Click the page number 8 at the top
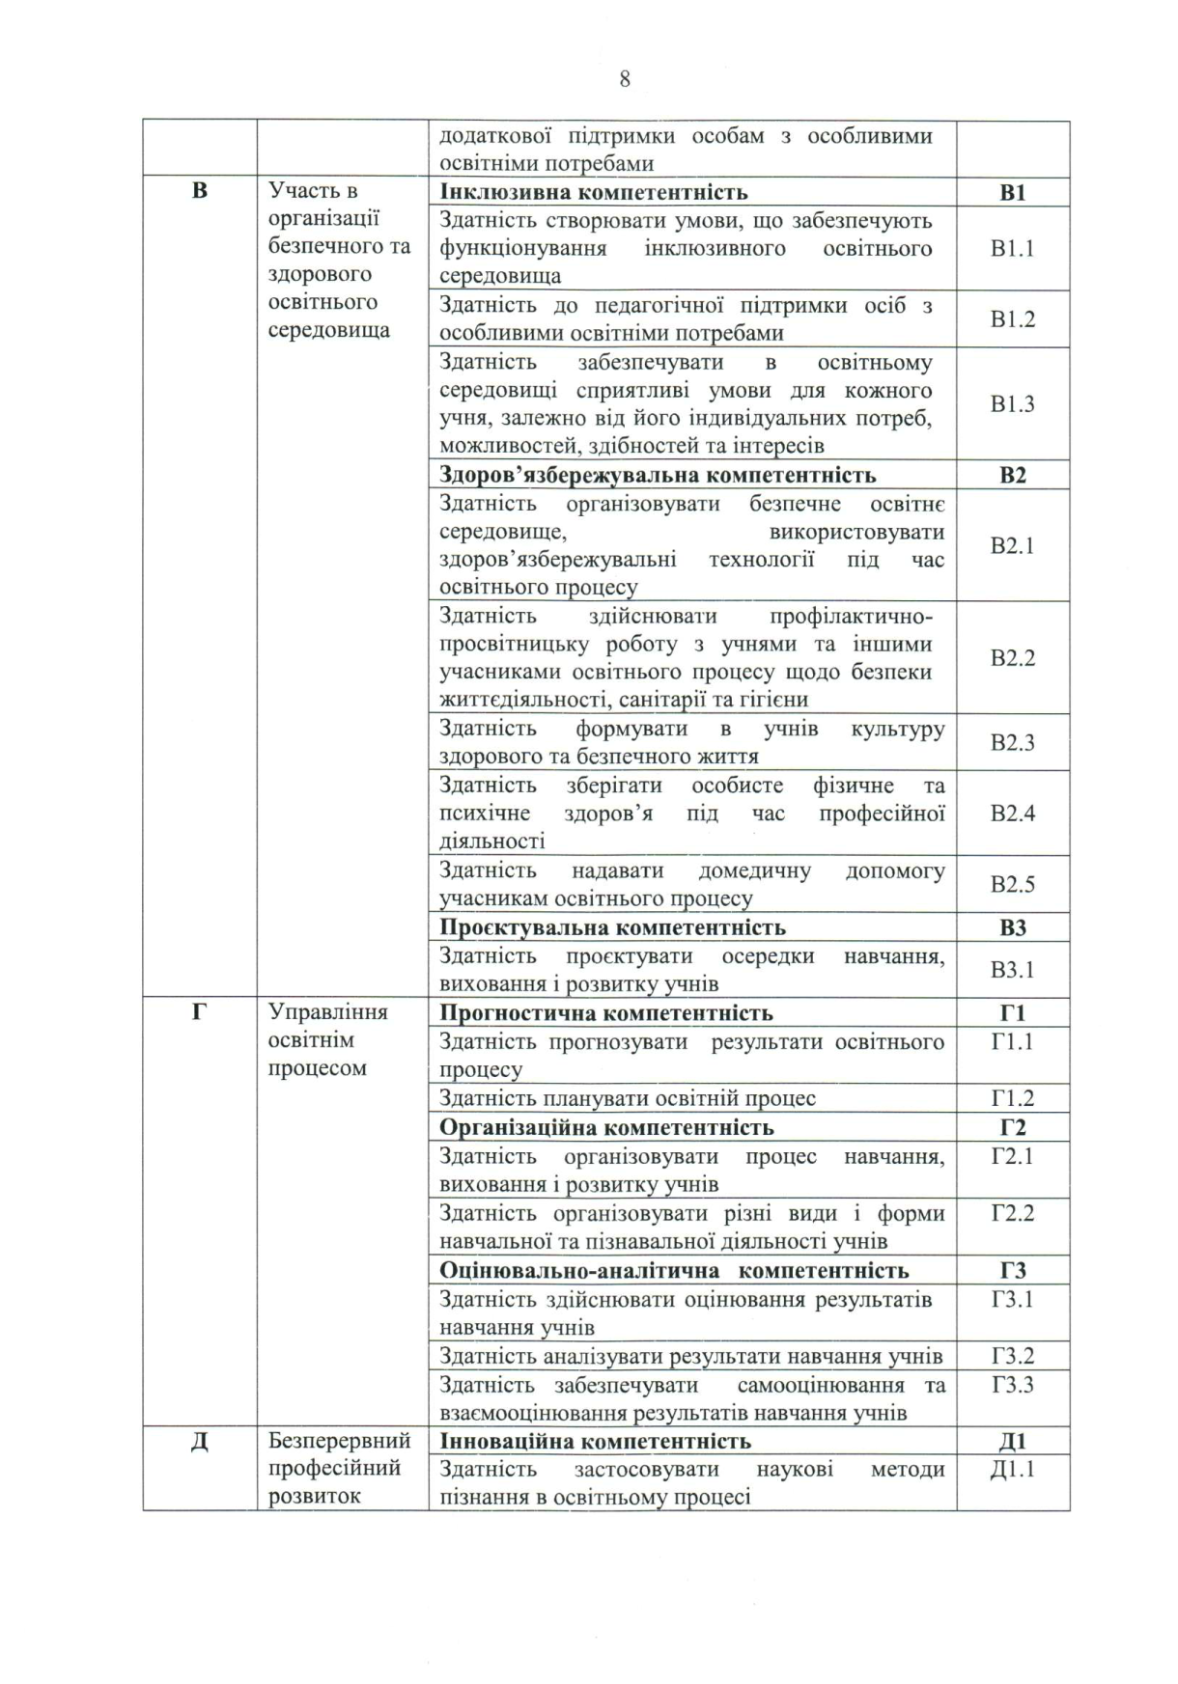625,79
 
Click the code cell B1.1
1012,249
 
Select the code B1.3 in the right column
1012,404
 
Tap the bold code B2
1012,475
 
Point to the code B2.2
1012,658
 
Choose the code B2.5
1012,884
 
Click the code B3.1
1012,970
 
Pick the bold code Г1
1012,1013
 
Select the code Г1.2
1012,1098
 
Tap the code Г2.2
1012,1213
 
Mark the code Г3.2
1012,1356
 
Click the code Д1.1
1012,1470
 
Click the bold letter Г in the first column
200,1012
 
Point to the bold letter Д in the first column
200,1442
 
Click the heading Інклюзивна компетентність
593,192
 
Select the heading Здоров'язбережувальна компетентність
658,475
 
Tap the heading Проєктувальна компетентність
612,927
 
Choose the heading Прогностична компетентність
605,1013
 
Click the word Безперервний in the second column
339,1441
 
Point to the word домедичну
754,870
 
